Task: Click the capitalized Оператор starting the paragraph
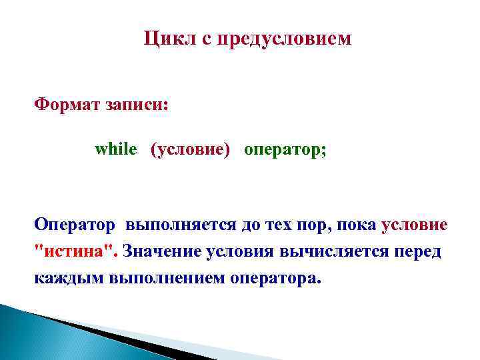tap(75, 225)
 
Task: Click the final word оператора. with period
tap(275, 277)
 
